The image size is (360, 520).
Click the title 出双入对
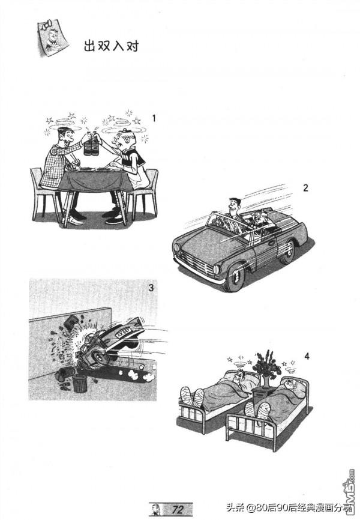tap(111, 46)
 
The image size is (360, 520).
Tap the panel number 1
tap(154, 118)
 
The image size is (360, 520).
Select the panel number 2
tap(305, 188)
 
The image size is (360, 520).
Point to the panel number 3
tap(151, 288)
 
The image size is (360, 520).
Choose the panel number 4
tap(307, 357)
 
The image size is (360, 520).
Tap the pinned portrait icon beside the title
tap(52, 37)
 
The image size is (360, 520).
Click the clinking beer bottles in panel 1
tap(92, 144)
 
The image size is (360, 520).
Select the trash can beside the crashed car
tap(80, 383)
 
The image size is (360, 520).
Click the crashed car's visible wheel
tap(98, 357)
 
